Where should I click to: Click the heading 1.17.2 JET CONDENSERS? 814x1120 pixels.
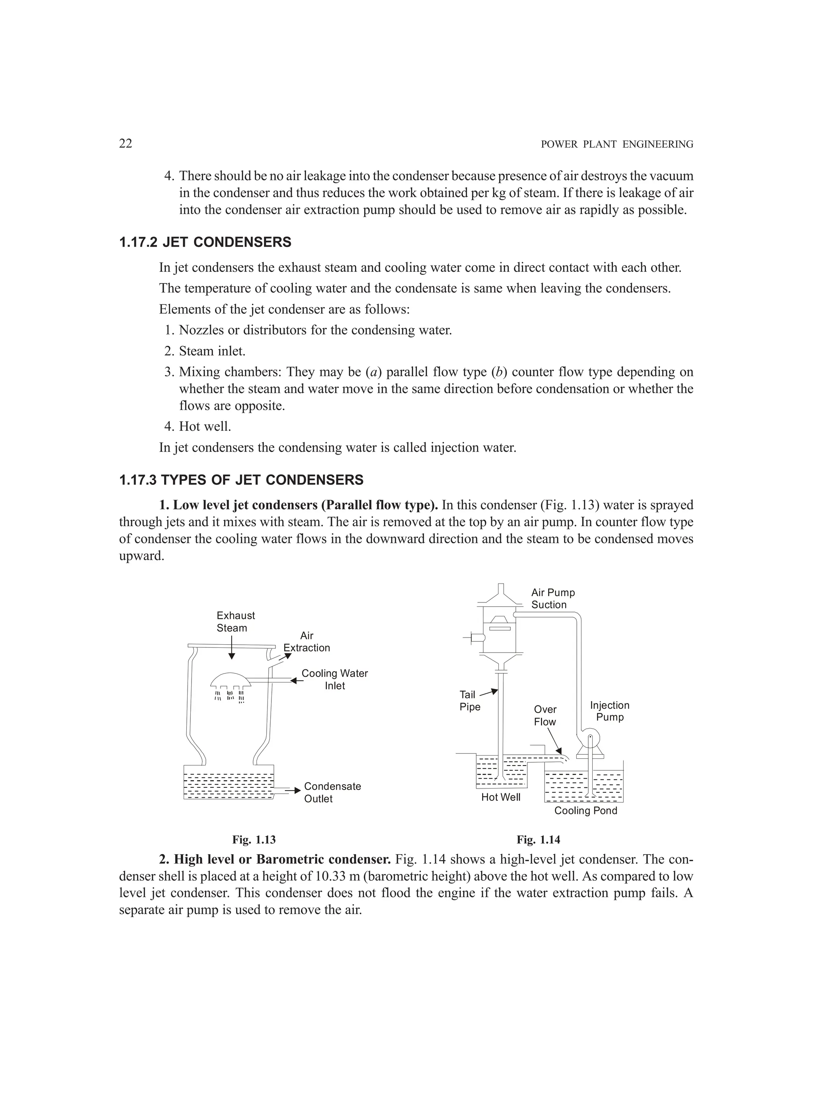205,242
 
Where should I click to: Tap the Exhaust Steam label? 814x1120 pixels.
236,622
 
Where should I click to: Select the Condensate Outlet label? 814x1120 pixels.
332,792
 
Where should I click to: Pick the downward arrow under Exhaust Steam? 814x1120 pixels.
232,647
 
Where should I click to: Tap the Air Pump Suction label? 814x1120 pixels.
553,599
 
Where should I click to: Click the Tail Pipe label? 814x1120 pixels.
469,701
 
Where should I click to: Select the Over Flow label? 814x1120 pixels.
545,715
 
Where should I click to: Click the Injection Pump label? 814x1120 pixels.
610,711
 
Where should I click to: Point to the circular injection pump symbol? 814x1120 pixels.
591,739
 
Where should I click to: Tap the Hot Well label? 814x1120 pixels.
501,798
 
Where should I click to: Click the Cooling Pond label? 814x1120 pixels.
585,810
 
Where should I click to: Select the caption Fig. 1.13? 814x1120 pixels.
254,839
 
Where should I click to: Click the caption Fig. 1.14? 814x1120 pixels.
539,839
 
